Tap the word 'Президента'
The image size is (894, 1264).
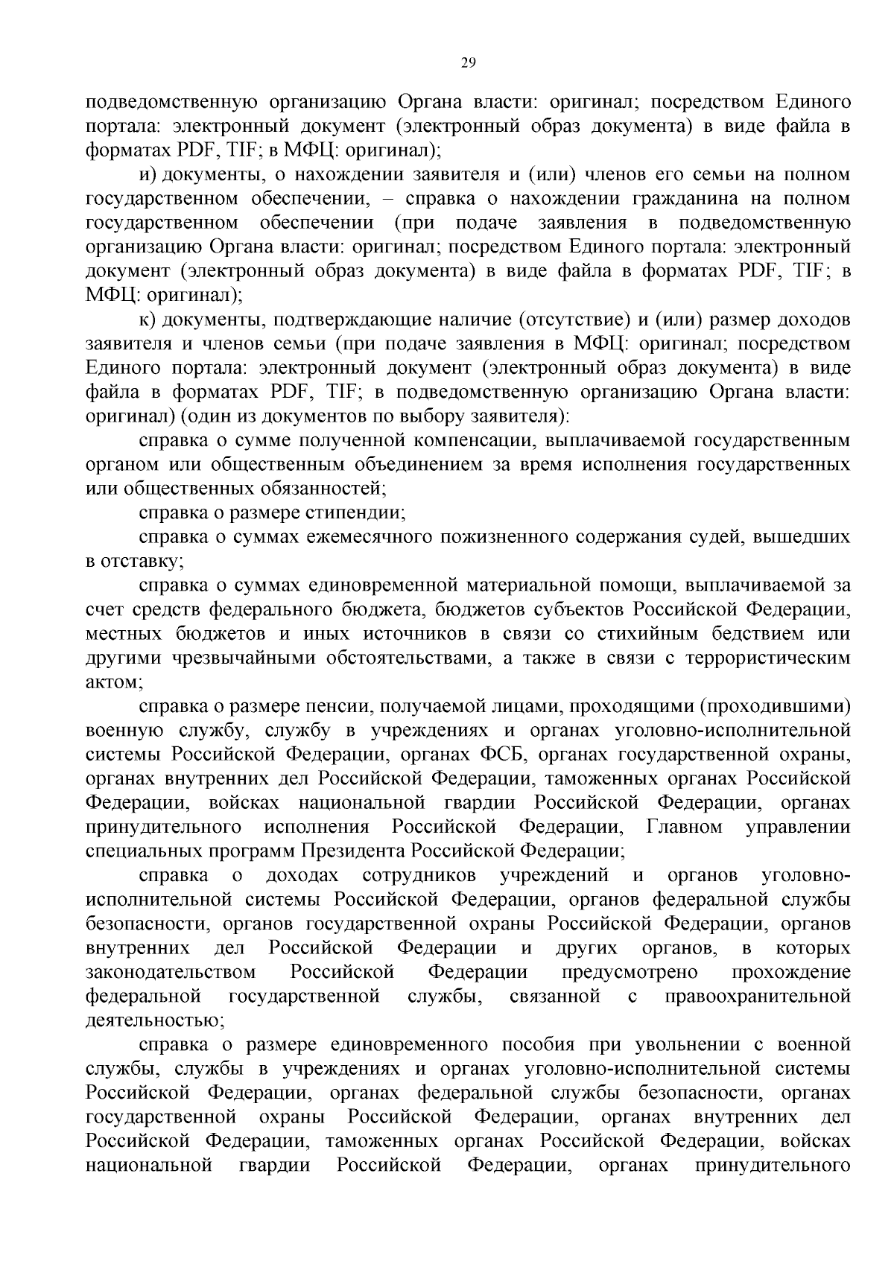tap(355, 850)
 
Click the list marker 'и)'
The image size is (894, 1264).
tap(148, 175)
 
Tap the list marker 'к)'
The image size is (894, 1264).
tap(148, 320)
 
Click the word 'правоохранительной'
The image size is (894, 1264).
tap(758, 996)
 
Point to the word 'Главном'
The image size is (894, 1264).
tap(684, 826)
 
